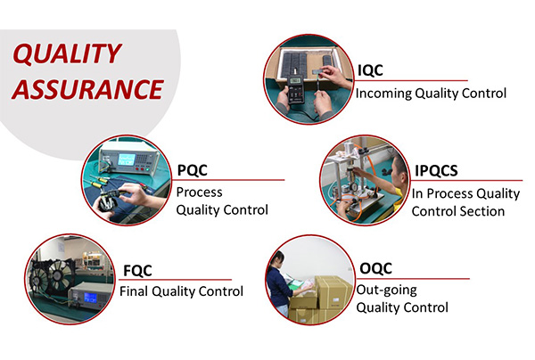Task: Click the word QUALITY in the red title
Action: click(x=67, y=53)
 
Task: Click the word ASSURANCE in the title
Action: click(x=88, y=89)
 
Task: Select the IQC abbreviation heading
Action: click(x=370, y=70)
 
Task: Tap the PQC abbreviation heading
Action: click(x=192, y=170)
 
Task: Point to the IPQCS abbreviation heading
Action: click(x=436, y=170)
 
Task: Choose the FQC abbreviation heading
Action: click(x=137, y=271)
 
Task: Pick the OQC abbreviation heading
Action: click(x=375, y=268)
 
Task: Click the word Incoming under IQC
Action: click(x=383, y=94)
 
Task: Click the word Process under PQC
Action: click(x=199, y=192)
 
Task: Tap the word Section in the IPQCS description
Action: click(x=482, y=211)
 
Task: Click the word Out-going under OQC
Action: click(x=387, y=290)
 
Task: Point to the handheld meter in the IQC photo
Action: click(x=295, y=89)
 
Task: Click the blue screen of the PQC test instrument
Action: click(x=127, y=160)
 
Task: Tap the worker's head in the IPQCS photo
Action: click(x=399, y=167)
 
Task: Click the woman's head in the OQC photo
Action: click(x=278, y=259)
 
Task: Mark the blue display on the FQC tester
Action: click(x=90, y=298)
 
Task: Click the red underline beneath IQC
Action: click(x=411, y=81)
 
